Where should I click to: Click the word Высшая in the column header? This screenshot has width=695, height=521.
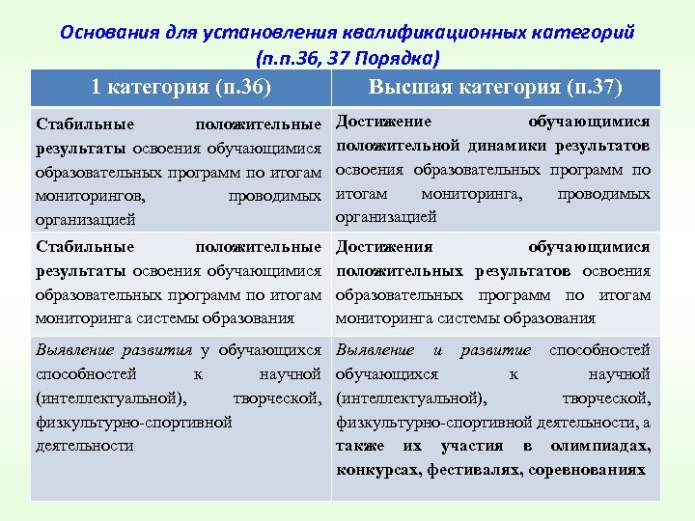tap(403, 88)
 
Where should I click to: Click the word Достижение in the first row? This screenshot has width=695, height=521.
tap(383, 122)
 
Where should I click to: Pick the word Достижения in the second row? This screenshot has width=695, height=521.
tap(383, 247)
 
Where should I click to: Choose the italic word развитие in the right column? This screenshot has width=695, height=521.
tap(496, 349)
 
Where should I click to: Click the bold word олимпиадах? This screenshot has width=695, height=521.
tap(601, 446)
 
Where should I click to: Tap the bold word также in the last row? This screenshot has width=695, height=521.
tap(359, 446)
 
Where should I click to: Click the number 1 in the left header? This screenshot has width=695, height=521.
tap(97, 88)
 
